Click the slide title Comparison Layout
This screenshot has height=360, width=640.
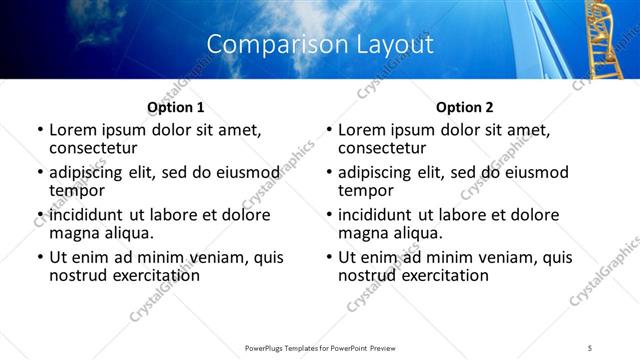(320, 45)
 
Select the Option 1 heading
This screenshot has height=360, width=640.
(175, 107)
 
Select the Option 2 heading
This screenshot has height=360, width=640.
(464, 107)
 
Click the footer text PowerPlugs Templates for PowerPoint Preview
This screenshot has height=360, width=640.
(319, 347)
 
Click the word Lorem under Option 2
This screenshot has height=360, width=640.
(362, 130)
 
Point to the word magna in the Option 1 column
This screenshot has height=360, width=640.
(73, 233)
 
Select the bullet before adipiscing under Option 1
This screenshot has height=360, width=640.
(40, 173)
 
